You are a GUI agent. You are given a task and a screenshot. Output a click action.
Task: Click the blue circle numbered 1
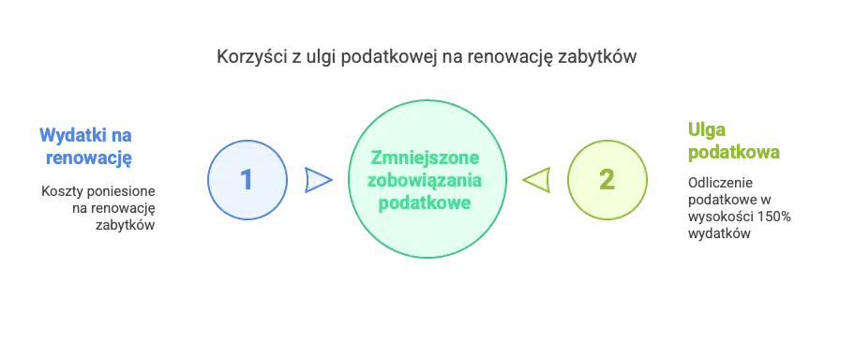pos(247,179)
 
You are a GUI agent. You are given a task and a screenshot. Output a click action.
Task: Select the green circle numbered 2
pos(607,179)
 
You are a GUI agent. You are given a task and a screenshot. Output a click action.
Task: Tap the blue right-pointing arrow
pos(318,179)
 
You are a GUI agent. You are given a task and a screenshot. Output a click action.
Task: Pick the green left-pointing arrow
pos(537,179)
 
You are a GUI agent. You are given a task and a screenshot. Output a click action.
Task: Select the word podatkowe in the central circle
pos(427,202)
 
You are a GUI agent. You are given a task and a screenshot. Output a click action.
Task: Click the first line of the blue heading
pos(86,135)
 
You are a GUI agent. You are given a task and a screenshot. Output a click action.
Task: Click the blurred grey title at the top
pos(427,57)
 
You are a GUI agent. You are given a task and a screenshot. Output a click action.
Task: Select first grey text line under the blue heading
pos(97,193)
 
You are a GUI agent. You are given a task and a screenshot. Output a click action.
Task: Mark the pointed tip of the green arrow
pos(523,179)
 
